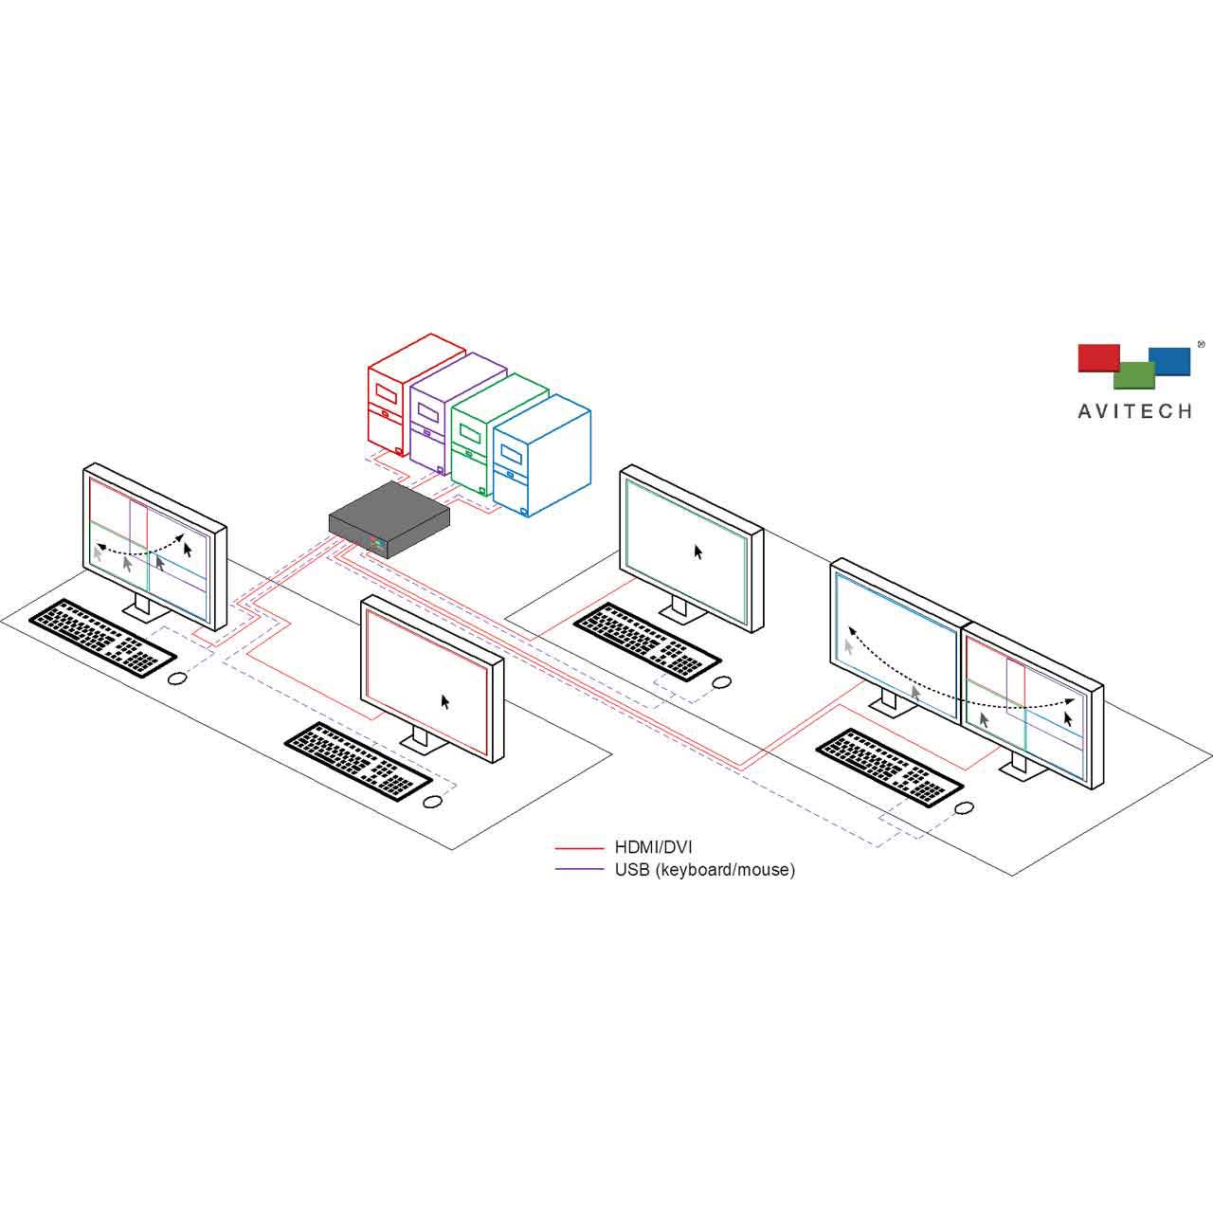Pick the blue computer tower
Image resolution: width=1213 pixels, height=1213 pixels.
(x=541, y=455)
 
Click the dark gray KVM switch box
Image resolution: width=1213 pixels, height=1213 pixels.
(x=389, y=519)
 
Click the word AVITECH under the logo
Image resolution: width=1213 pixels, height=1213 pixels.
(x=1134, y=411)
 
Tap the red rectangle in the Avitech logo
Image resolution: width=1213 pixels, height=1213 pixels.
(x=1098, y=357)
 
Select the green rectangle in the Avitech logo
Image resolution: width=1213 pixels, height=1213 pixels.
(x=1134, y=376)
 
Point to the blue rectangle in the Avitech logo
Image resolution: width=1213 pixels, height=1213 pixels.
(x=1170, y=361)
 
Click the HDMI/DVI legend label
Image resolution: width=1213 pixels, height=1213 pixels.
(x=653, y=847)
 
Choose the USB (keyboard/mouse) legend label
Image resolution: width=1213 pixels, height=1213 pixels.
(x=705, y=870)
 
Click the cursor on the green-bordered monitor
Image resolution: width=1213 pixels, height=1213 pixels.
(x=698, y=552)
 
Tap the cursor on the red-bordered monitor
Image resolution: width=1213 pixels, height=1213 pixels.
(x=445, y=702)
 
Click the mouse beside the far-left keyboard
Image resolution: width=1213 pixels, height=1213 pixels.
(x=177, y=679)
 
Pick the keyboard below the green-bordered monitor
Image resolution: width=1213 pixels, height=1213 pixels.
(x=647, y=641)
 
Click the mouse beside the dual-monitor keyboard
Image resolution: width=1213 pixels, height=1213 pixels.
(x=964, y=807)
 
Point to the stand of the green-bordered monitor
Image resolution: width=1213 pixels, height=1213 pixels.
(x=679, y=608)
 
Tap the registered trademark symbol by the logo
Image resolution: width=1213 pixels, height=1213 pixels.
(x=1201, y=344)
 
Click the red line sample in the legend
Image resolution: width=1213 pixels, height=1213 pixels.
(x=579, y=848)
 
